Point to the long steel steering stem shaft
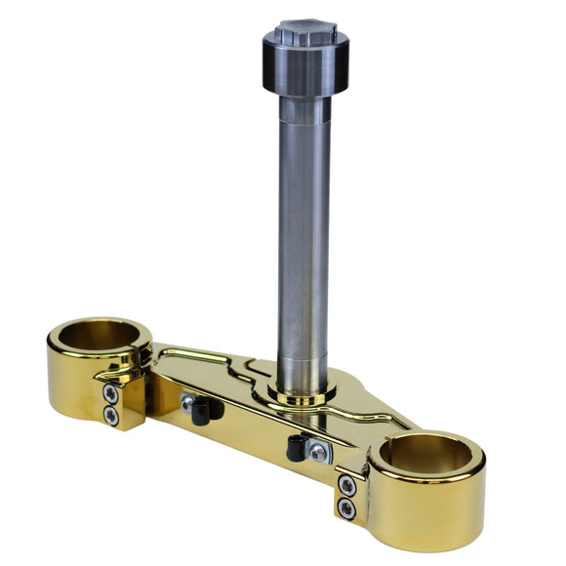point(303,244)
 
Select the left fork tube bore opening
point(99,336)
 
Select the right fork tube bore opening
point(428,453)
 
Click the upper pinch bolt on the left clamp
point(111,394)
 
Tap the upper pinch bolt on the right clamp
point(346,485)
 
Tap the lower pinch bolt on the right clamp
point(346,506)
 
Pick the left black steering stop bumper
point(203,411)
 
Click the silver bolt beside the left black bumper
point(186,400)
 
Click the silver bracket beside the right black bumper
point(317,451)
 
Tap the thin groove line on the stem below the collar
point(305,124)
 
